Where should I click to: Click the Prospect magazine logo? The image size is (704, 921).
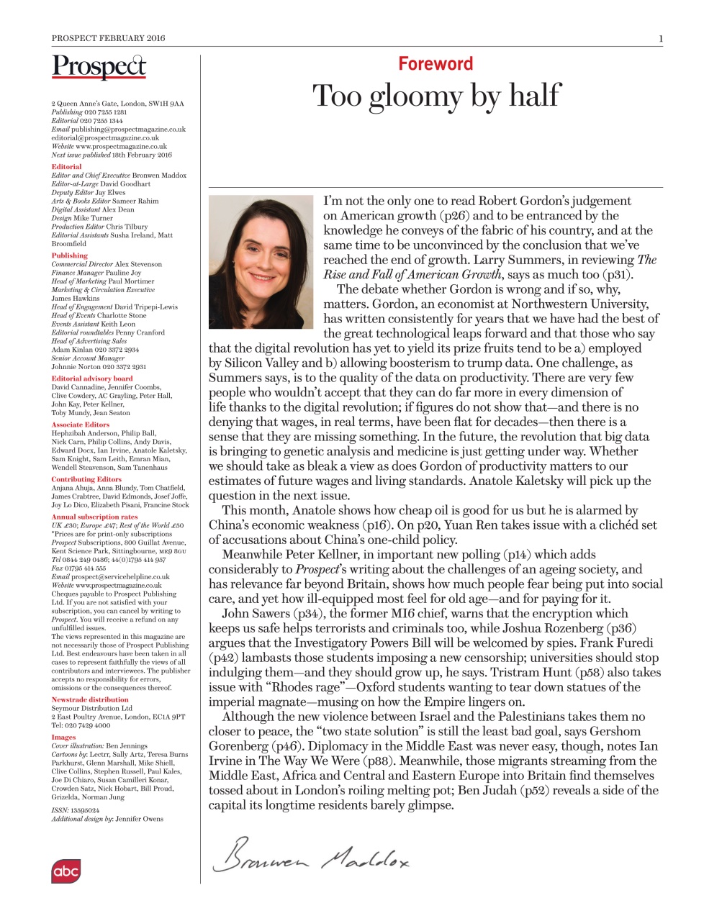(99, 66)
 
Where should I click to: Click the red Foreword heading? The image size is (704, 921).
(436, 64)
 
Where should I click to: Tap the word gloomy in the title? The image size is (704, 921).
(414, 96)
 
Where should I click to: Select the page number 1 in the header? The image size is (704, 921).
(660, 38)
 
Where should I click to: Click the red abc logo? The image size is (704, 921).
(66, 871)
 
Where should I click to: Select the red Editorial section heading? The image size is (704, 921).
(66, 167)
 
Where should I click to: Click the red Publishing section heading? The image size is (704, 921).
(69, 255)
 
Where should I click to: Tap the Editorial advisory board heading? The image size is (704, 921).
(91, 378)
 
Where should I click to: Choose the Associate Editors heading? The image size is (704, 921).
(80, 425)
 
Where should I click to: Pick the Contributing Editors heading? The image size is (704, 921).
(86, 479)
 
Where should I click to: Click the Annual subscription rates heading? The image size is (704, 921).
(94, 517)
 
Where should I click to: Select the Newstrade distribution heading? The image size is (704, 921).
(89, 699)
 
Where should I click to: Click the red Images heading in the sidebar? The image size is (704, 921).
(63, 737)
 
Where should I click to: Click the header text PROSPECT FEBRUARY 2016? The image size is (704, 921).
(108, 38)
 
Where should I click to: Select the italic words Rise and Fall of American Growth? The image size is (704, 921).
(412, 275)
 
